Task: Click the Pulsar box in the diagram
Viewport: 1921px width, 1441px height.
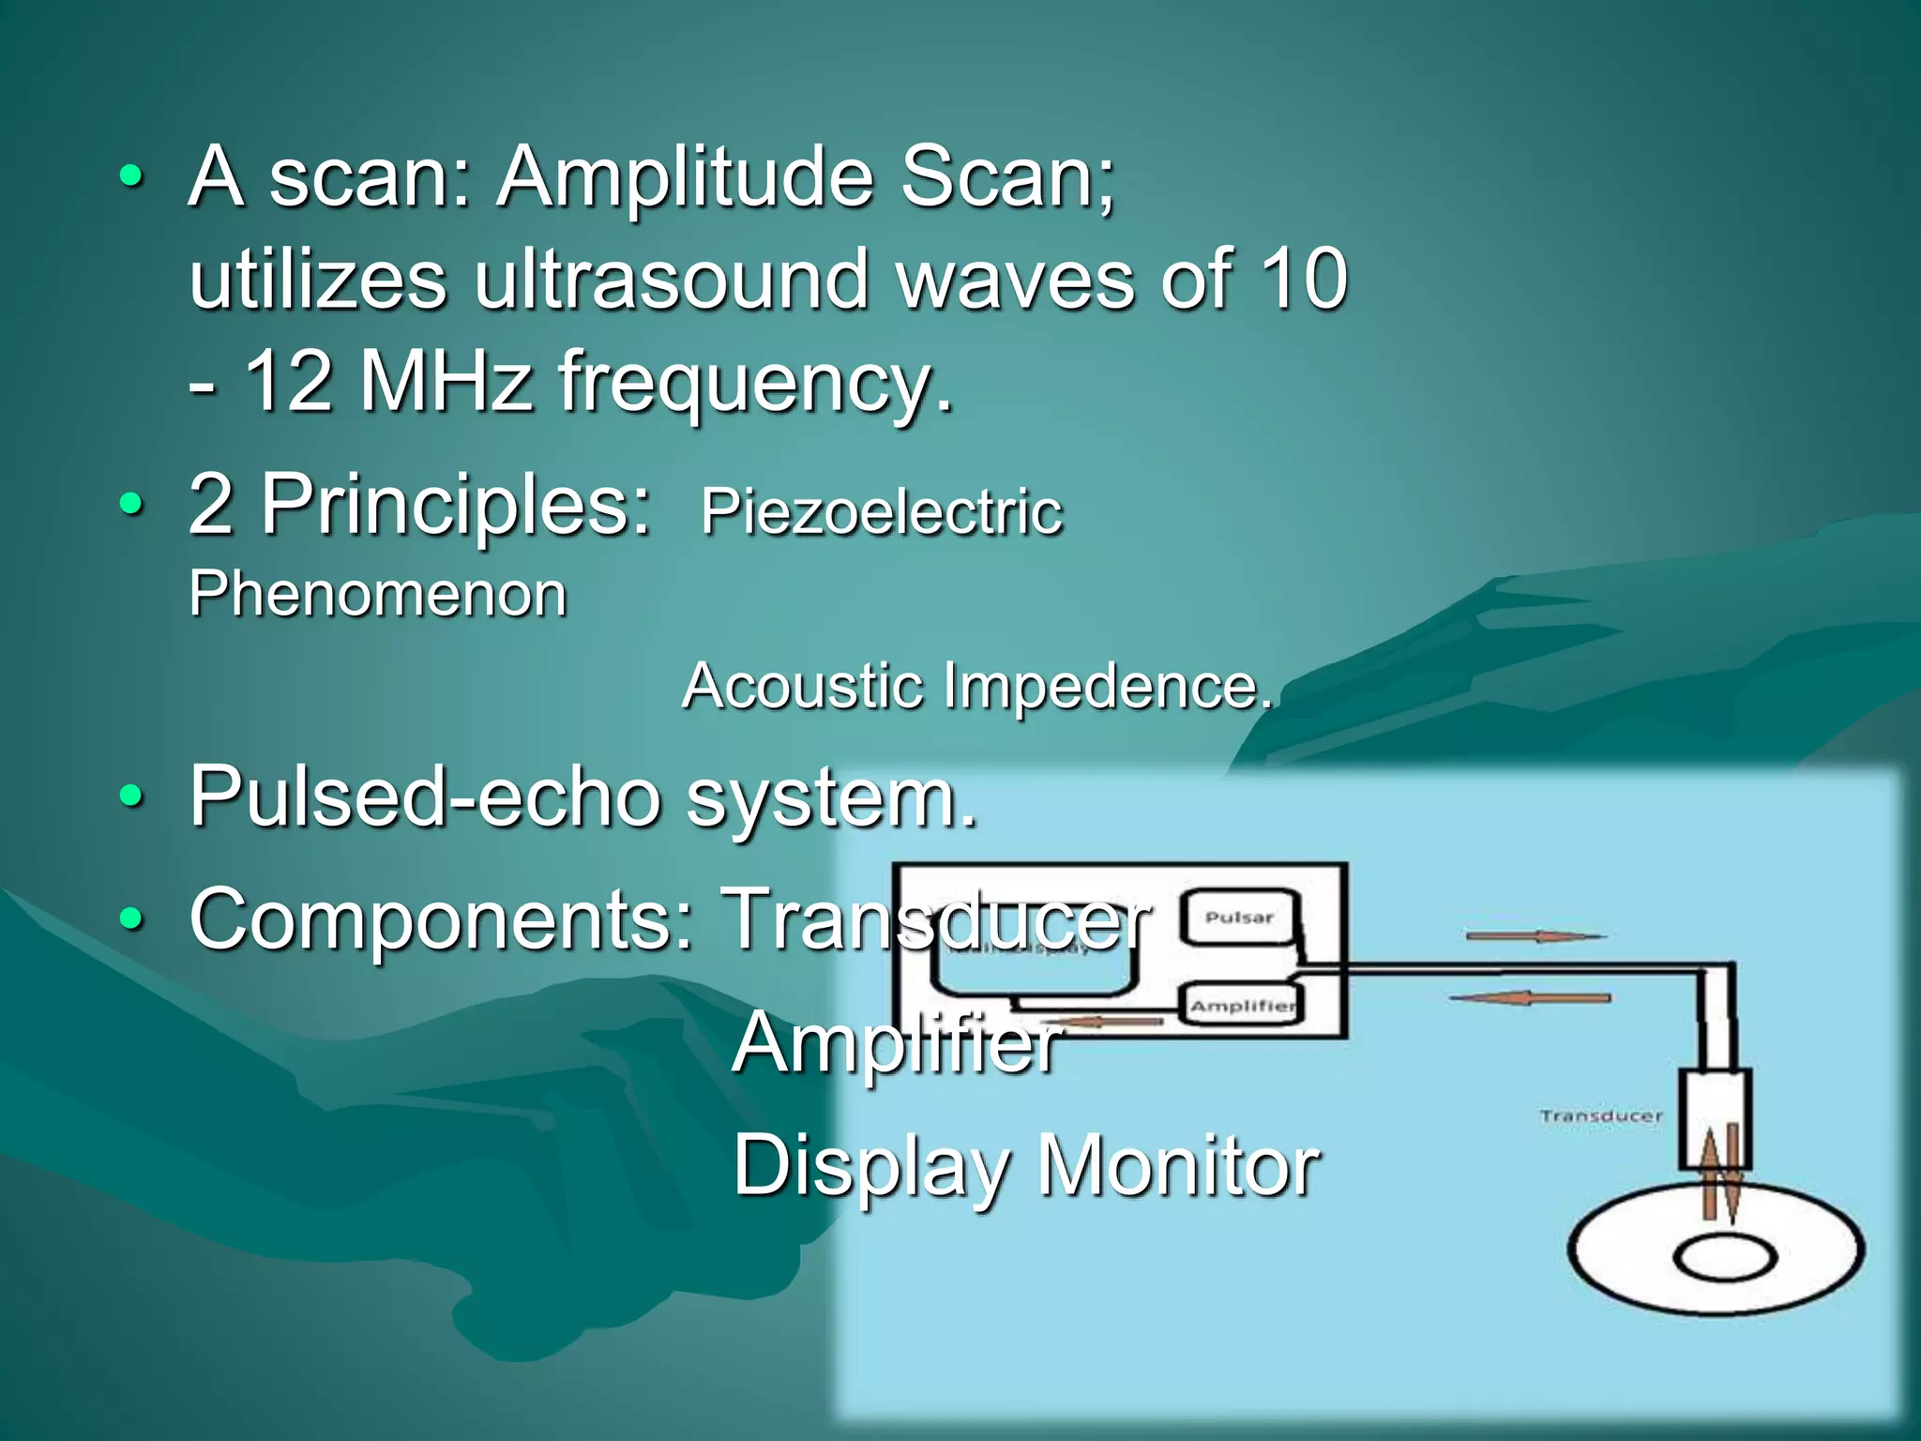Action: (1239, 918)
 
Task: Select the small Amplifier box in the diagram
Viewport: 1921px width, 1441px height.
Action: (1241, 1005)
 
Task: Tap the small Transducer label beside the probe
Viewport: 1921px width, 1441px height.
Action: (1600, 1115)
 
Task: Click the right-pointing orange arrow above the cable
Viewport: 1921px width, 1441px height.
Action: (1535, 935)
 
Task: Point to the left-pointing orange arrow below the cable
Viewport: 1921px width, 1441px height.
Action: (1530, 997)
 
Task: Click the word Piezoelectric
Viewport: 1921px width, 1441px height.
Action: (881, 512)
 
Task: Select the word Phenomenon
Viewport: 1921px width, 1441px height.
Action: (378, 594)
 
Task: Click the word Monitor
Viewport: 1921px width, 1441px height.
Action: (1179, 1165)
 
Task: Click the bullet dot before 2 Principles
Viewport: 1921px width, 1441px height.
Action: (132, 506)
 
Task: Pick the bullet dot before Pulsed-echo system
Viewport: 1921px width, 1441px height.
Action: (132, 797)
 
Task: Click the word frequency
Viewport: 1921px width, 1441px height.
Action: (755, 381)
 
